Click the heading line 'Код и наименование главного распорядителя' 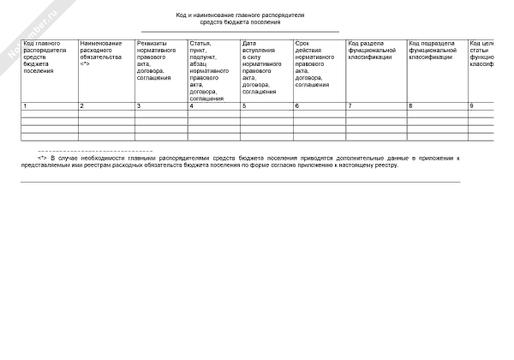point(240,15)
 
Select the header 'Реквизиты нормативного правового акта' point(154,60)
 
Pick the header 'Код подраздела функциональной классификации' point(432,50)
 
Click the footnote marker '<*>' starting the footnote point(41,159)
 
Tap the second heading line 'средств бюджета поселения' point(240,22)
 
